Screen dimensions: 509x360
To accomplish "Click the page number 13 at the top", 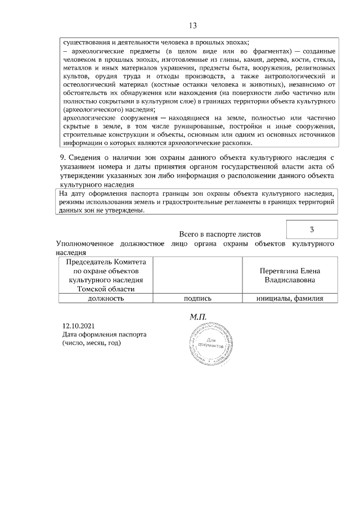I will pyautogui.click(x=193, y=26).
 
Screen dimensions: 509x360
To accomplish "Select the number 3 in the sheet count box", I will pyautogui.click(x=312, y=229).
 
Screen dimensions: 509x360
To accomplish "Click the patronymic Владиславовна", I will pyautogui.click(x=290, y=280).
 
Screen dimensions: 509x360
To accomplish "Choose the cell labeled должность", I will pyautogui.click(x=105, y=299).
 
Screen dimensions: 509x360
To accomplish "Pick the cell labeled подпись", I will pyautogui.click(x=197, y=299).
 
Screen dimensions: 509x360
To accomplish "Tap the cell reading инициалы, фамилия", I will pyautogui.click(x=290, y=299).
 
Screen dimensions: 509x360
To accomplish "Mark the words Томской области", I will pyautogui.click(x=105, y=289).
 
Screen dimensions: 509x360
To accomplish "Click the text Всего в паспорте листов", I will pyautogui.click(x=220, y=233).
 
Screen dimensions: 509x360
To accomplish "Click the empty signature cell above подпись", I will pyautogui.click(x=197, y=275).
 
